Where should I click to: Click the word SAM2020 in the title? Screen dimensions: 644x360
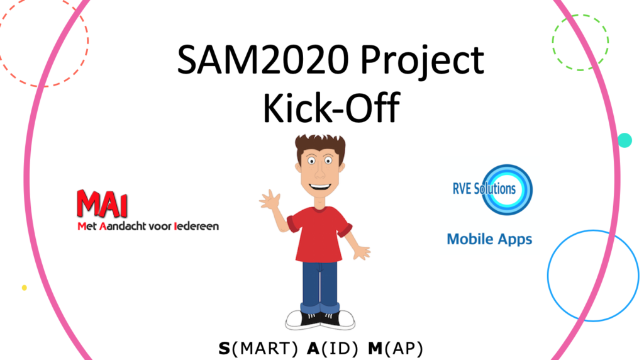263,60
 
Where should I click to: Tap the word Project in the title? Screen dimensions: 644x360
423,62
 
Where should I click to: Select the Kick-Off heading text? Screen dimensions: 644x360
331,108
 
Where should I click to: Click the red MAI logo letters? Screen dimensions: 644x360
102,203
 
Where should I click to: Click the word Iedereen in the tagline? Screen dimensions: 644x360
196,226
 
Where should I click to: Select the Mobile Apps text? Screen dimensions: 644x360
489,239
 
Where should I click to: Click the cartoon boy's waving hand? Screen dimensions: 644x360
270,200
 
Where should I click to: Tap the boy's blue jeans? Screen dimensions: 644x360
320,286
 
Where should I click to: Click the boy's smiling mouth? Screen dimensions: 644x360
320,188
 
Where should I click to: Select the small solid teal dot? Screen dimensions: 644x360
625,140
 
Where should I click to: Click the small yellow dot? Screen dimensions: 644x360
25,288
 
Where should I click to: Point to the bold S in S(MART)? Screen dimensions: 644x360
225,349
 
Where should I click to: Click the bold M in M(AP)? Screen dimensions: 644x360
375,349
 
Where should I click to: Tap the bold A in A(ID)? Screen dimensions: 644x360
313,349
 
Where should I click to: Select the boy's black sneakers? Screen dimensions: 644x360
320,320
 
